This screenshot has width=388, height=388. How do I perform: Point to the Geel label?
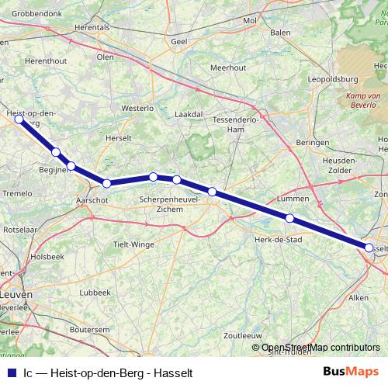[x=179, y=41]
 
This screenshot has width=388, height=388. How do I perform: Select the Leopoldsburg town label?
[x=332, y=80]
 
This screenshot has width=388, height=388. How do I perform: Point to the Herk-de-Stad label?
[x=278, y=240]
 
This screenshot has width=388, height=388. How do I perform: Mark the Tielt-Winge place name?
[x=133, y=244]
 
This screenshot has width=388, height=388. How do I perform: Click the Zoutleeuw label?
[x=241, y=336]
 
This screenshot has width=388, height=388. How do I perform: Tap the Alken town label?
[x=359, y=297]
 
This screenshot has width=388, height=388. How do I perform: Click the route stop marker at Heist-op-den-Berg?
[x=19, y=120]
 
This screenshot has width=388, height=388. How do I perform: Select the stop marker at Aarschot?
[x=107, y=183]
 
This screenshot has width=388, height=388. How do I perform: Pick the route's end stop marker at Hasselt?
[x=369, y=247]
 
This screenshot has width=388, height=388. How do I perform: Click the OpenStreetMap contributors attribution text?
[x=320, y=348]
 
